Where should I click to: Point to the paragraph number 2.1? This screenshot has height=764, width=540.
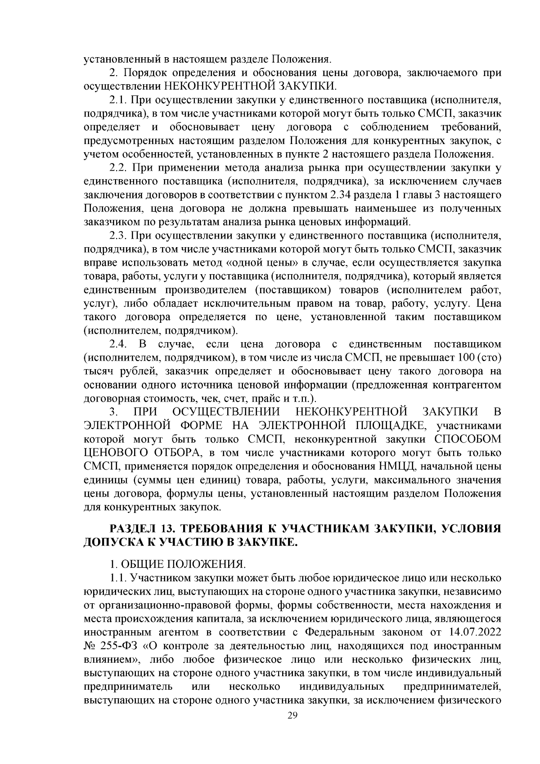point(119,99)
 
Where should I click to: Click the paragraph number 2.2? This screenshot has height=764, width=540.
point(119,168)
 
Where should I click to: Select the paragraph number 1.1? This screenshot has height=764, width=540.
point(118,578)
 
